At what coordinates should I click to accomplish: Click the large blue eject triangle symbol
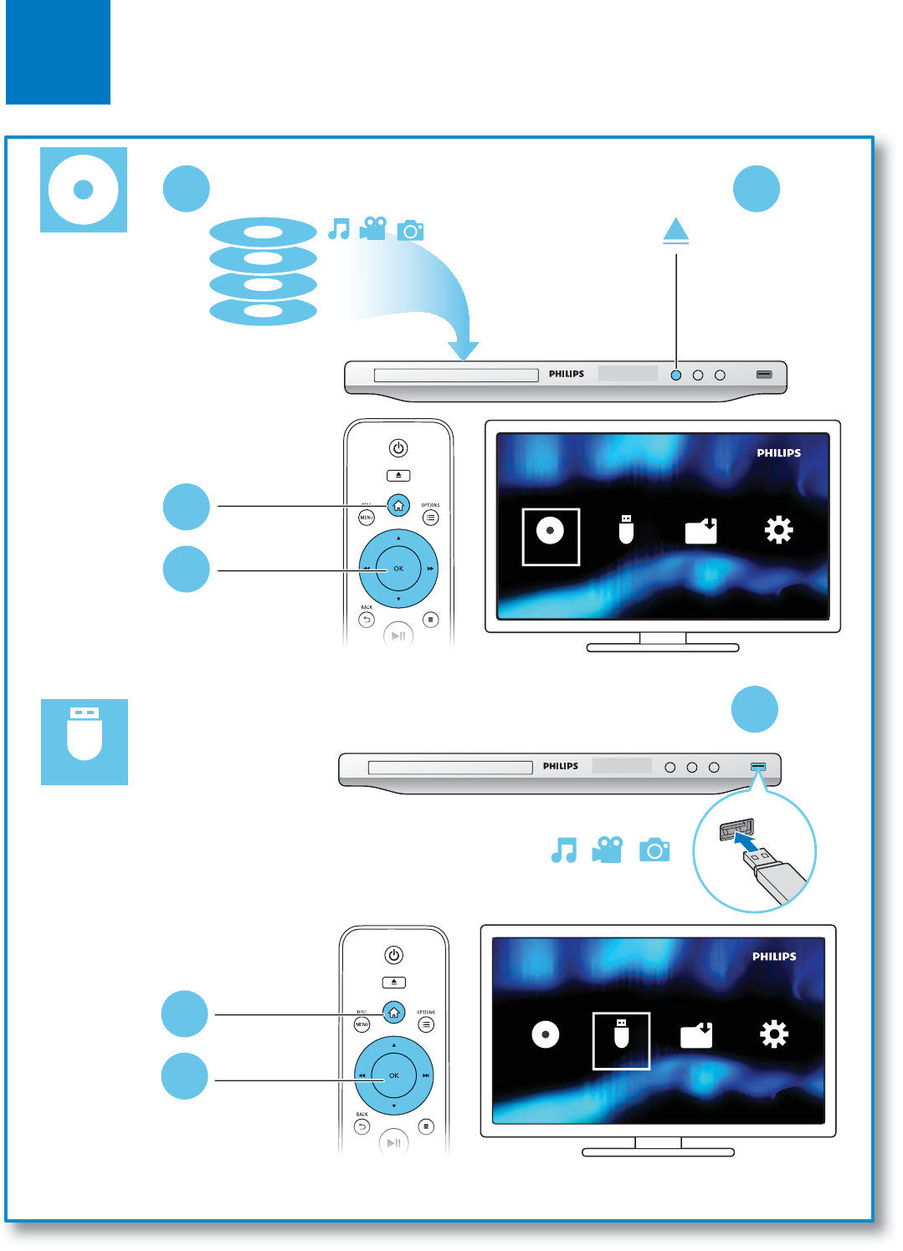tap(675, 231)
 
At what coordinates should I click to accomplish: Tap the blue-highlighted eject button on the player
tap(676, 375)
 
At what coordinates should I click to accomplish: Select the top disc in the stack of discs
tap(263, 232)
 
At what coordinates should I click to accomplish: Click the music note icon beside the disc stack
tap(339, 228)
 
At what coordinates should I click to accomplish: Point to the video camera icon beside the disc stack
tap(373, 228)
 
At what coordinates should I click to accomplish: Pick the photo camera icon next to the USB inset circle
tap(654, 850)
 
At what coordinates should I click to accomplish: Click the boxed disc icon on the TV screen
tap(551, 531)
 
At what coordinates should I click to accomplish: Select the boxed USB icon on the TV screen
tap(621, 1036)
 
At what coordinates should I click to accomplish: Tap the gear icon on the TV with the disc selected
tap(778, 530)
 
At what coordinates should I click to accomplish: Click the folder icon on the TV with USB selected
tap(696, 1035)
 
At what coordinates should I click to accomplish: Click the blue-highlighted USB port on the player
tap(758, 766)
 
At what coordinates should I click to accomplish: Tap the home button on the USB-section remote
tap(393, 1012)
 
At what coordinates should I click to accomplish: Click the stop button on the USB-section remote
tap(426, 1126)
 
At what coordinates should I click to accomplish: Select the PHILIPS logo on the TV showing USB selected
tap(774, 957)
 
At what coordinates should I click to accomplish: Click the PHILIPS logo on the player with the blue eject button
tap(567, 374)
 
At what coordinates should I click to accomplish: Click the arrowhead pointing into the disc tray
tap(463, 350)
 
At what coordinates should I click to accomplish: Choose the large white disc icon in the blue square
tap(83, 189)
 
